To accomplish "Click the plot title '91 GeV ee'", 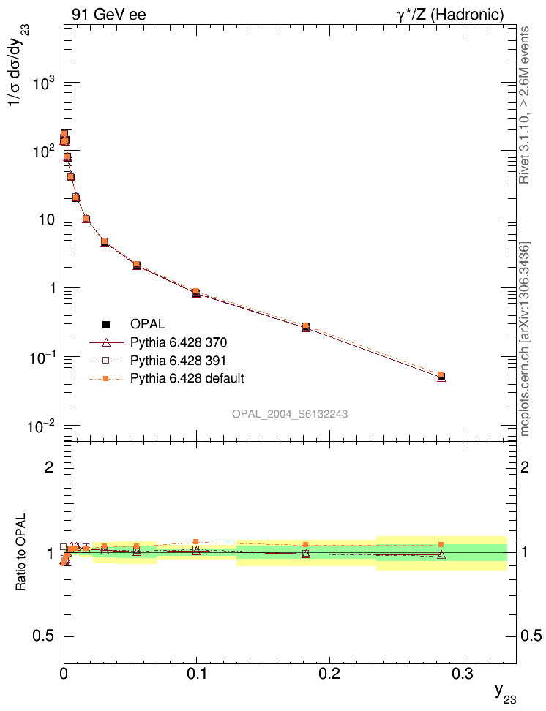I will point(109,15).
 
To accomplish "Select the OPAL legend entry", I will point(148,324).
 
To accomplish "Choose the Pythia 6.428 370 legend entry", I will point(183,342).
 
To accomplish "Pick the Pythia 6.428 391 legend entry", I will point(183,360).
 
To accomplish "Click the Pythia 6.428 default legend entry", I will point(187,378).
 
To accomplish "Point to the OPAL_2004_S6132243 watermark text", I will point(290,414).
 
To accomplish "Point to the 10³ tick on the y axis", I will point(46,83).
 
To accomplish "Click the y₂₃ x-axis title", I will point(504,691).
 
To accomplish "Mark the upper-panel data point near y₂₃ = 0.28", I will point(441,377).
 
